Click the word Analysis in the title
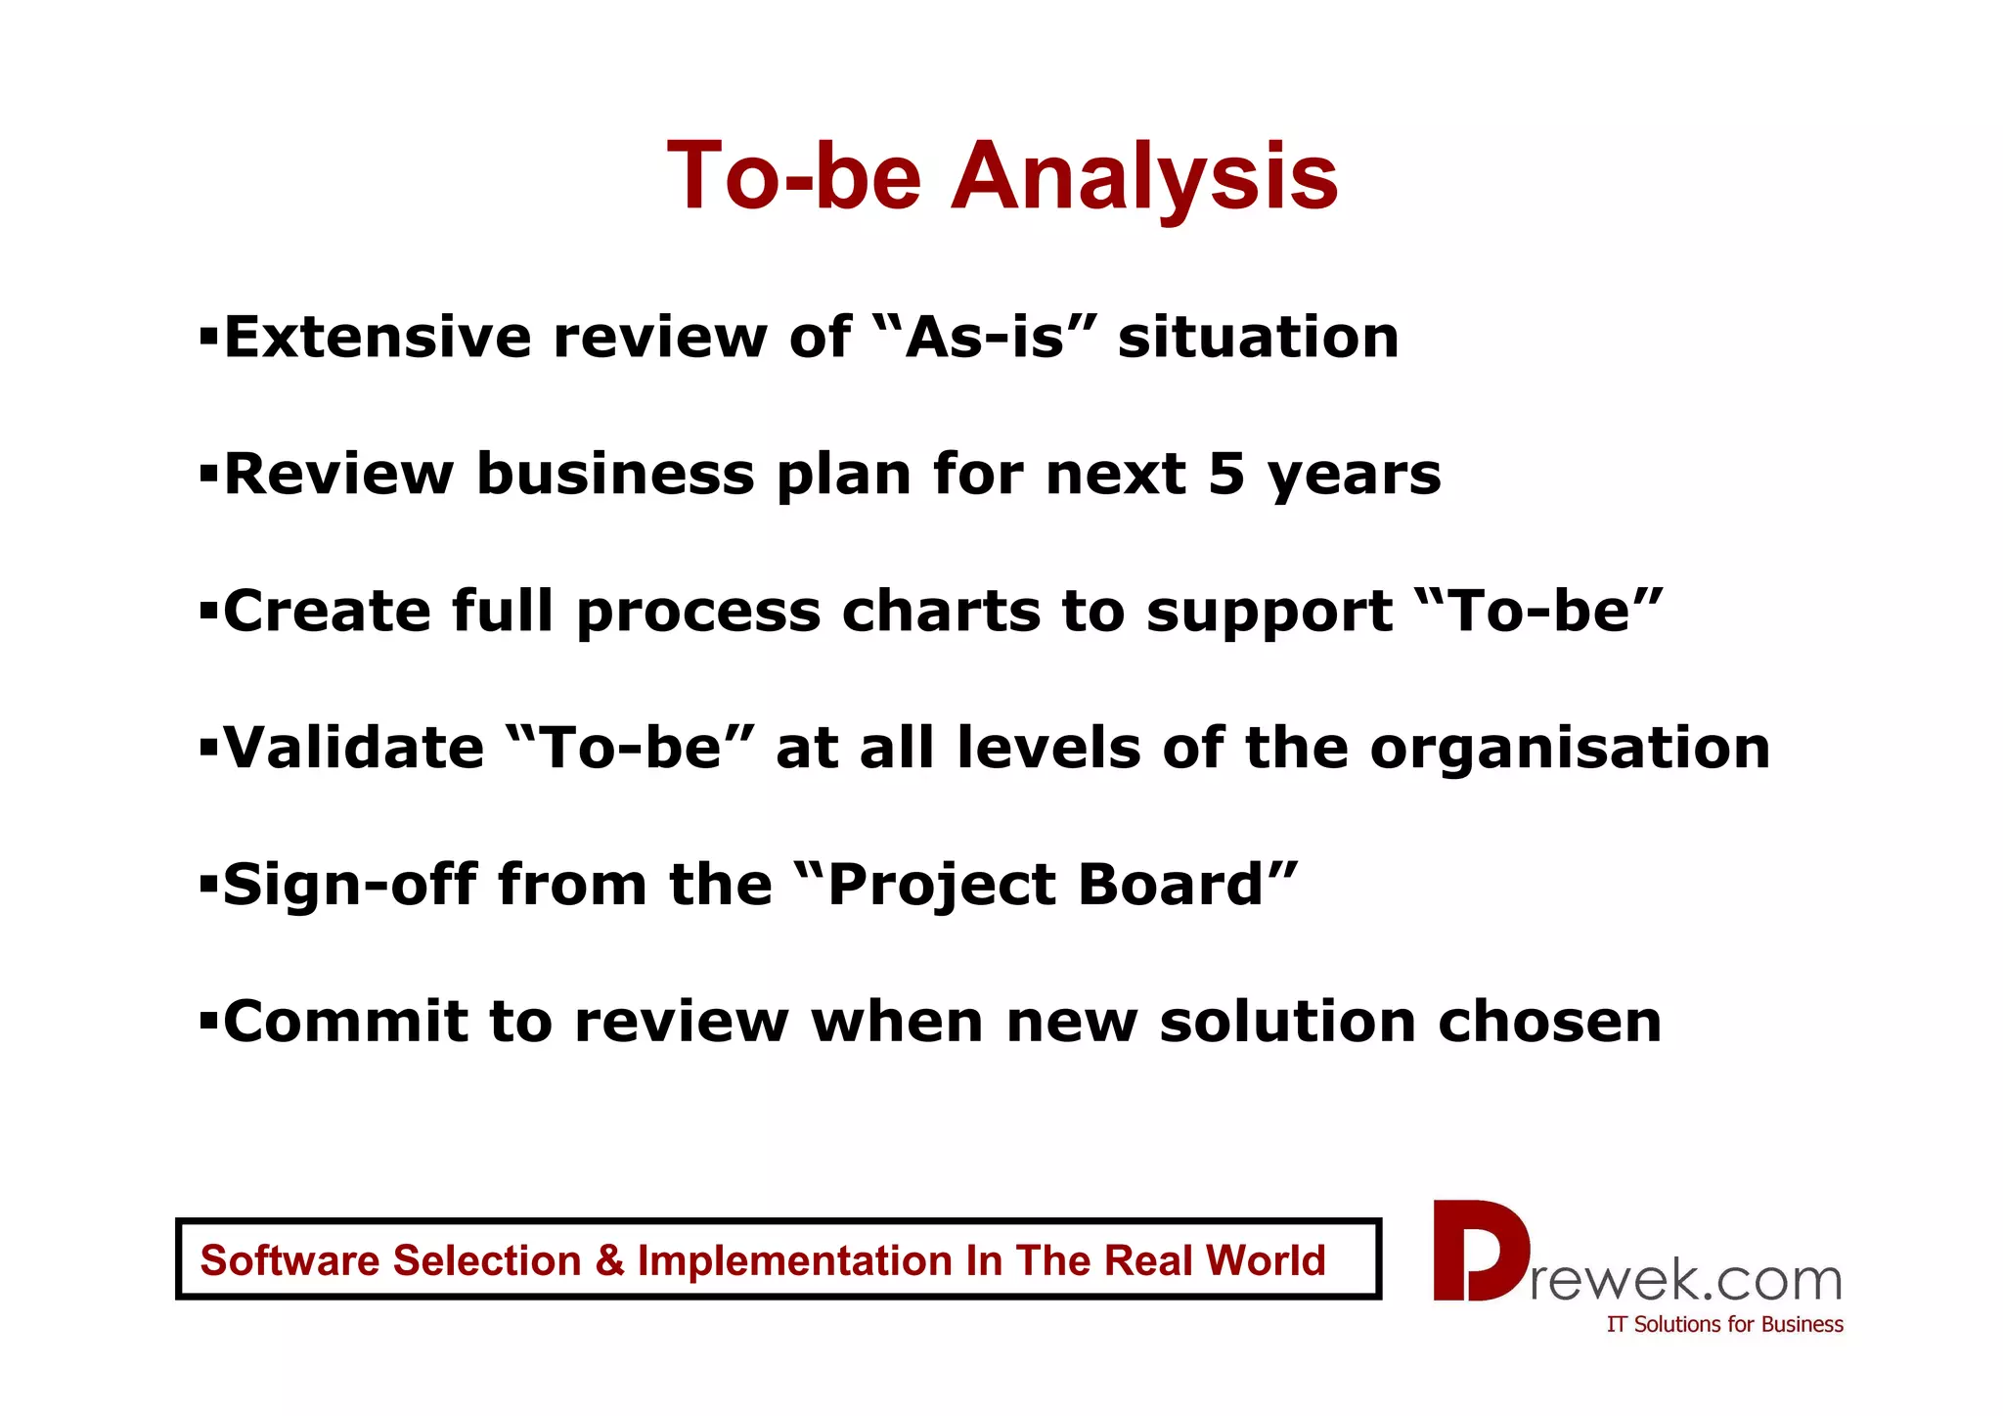pyautogui.click(x=1143, y=177)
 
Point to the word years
pyautogui.click(x=1354, y=477)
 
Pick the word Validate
pyautogui.click(x=353, y=749)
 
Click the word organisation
pyautogui.click(x=1569, y=751)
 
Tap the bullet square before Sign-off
pyautogui.click(x=207, y=886)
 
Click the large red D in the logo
pyautogui.click(x=1477, y=1252)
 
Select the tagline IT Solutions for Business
pyautogui.click(x=1724, y=1325)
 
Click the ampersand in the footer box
pyautogui.click(x=609, y=1260)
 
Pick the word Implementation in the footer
pyautogui.click(x=795, y=1260)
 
